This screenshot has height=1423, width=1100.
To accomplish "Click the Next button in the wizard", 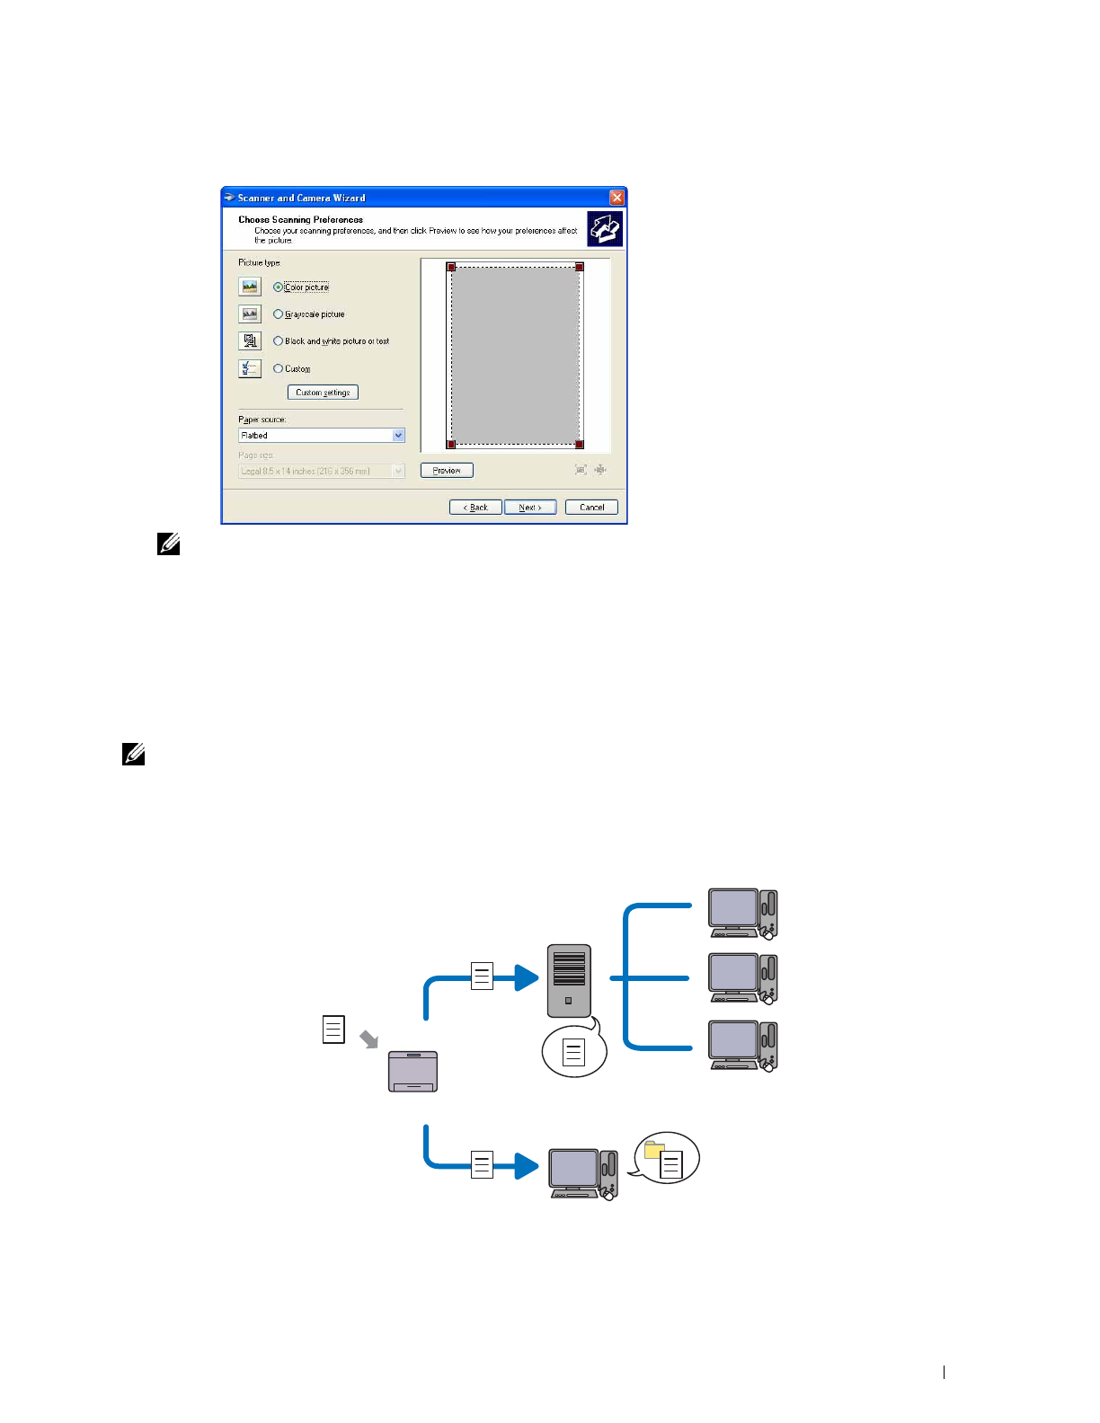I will pos(530,508).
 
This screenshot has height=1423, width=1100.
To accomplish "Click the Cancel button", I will pos(591,508).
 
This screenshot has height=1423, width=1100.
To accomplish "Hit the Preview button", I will pos(447,471).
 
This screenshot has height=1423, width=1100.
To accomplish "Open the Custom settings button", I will pos(323,393).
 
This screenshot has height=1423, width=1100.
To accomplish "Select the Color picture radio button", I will pos(279,287).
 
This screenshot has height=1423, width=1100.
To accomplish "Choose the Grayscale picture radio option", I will pos(279,314).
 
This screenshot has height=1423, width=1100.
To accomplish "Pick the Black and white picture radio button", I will pos(279,341).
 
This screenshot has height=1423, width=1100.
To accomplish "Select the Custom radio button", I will pos(279,368).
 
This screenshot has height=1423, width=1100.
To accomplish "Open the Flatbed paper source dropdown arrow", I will pos(399,436).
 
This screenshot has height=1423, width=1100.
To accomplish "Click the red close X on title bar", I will pos(617,198).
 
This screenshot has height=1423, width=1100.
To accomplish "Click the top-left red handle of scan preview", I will pos(451,267).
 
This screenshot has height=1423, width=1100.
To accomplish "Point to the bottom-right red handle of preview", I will pos(580,444).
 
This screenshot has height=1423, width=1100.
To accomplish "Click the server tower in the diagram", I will pos(569,980).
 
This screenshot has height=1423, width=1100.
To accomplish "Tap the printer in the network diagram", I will pos(412,1072).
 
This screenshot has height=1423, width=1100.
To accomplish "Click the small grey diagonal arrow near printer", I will pos(368,1039).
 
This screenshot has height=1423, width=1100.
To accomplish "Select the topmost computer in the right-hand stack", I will pos(741,914).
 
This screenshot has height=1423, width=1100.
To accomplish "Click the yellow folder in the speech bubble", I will pos(654,1150).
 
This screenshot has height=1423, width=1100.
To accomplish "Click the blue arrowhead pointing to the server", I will pos(527,977).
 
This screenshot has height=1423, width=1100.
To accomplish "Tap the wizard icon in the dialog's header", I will pos(605,228).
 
